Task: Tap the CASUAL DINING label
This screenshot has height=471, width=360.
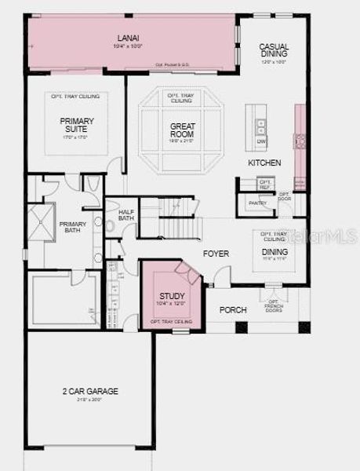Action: tap(274, 51)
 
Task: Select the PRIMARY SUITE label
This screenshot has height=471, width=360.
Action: tap(77, 126)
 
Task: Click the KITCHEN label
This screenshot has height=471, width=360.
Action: tap(264, 162)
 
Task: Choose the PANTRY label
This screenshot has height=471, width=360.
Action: tap(257, 203)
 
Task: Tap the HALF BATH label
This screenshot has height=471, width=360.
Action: tap(126, 215)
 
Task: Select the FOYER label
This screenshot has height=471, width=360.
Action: tap(216, 254)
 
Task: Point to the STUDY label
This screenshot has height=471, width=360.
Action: tap(172, 296)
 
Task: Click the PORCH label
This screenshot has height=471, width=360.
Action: tap(232, 310)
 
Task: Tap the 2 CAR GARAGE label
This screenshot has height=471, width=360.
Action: tap(90, 391)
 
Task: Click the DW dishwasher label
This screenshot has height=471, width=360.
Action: tap(260, 141)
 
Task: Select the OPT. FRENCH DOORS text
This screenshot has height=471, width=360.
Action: tap(274, 305)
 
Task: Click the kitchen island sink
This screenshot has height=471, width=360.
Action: tap(260, 125)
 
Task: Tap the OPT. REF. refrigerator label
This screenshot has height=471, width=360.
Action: tap(264, 185)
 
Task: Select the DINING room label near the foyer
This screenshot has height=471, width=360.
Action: tap(274, 251)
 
